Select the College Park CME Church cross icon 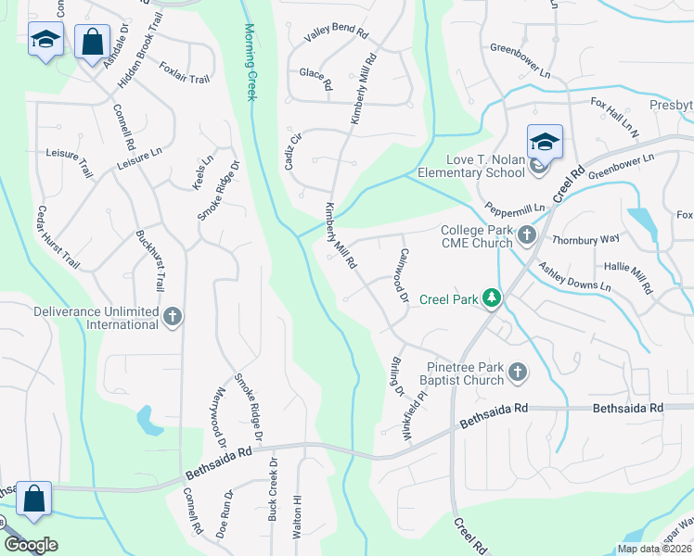pyautogui.click(x=527, y=235)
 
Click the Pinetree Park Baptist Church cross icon pyautogui.click(x=518, y=373)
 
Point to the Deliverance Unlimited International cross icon pyautogui.click(x=172, y=317)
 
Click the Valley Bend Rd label pyautogui.click(x=338, y=33)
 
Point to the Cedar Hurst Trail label pyautogui.click(x=58, y=237)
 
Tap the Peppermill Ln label pyautogui.click(x=510, y=210)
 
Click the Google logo pyautogui.click(x=31, y=545)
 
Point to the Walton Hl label pyautogui.click(x=298, y=512)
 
